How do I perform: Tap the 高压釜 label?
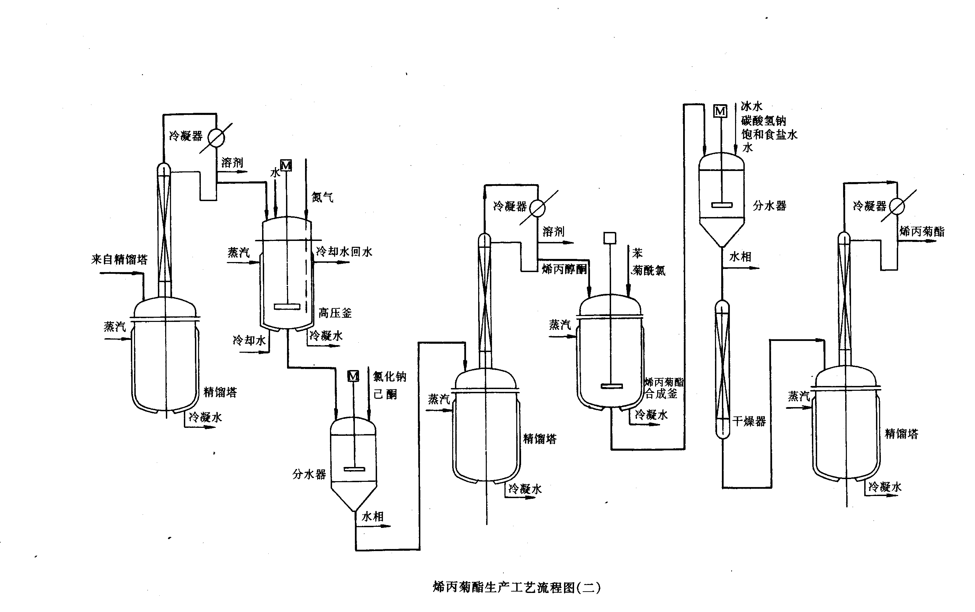335,313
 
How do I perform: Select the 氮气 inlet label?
322,197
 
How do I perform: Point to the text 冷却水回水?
344,251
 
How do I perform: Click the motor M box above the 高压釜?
286,165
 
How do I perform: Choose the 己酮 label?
385,394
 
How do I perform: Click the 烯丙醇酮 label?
564,269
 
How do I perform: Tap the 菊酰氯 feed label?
649,270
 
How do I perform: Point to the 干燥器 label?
749,421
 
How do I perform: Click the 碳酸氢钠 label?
763,120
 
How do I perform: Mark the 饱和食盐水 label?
769,134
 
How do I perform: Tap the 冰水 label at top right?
752,106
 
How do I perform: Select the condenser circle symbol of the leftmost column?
216,138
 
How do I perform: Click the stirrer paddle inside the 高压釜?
287,307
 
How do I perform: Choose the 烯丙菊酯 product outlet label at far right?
922,232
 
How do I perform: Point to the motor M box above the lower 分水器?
353,376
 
